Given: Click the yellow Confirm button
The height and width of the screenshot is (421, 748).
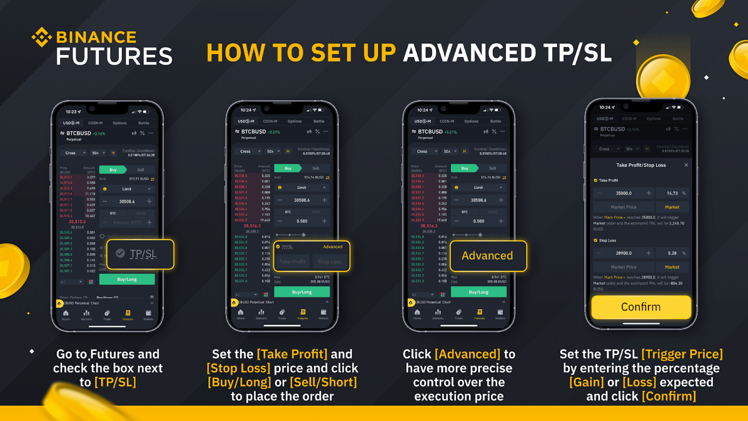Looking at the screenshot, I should tap(641, 307).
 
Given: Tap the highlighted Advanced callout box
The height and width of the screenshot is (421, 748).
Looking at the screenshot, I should tap(487, 255).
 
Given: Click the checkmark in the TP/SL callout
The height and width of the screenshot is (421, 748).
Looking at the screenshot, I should tap(120, 253).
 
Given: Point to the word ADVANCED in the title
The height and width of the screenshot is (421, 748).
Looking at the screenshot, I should tap(469, 53).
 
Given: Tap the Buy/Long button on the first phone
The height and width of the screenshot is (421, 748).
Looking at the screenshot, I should tap(127, 279).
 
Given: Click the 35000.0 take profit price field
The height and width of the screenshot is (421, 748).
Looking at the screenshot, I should tap(624, 193).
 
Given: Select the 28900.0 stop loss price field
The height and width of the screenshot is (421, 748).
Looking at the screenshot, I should tap(624, 253).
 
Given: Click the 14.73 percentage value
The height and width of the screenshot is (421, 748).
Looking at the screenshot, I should tap(672, 193).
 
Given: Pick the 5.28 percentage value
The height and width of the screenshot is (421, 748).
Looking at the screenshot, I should tap(672, 253).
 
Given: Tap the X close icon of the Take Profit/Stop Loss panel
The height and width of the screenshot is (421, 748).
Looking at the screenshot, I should tap(686, 165).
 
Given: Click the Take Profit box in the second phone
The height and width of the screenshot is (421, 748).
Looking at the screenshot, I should tap(292, 261).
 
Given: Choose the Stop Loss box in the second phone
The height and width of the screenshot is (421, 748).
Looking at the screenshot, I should tap(330, 261).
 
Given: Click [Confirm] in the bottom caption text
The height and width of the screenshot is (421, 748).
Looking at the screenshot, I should tap(669, 396).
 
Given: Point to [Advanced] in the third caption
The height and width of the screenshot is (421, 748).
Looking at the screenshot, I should tap(468, 354).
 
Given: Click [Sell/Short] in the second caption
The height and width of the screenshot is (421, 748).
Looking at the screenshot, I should tap(323, 382).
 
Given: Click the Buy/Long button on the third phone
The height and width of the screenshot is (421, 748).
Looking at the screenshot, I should tap(479, 292).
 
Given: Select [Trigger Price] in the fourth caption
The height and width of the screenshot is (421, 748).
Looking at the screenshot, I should tap(682, 354).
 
